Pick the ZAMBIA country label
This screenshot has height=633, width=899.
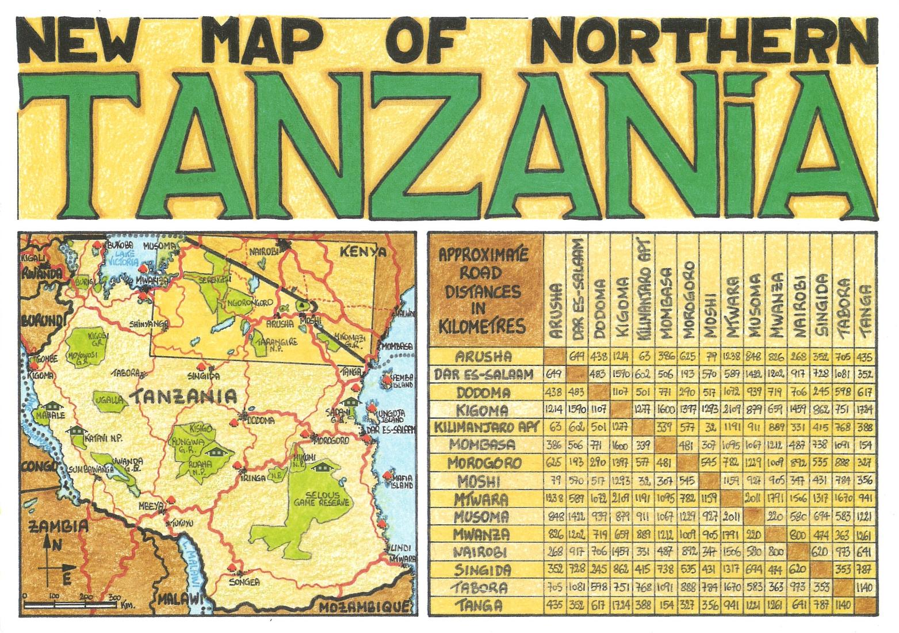52,526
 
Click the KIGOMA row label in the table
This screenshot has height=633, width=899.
482,410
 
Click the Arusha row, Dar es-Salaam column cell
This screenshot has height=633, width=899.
577,357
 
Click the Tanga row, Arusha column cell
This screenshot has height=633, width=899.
555,605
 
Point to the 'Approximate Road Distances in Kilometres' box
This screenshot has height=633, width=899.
486,291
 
